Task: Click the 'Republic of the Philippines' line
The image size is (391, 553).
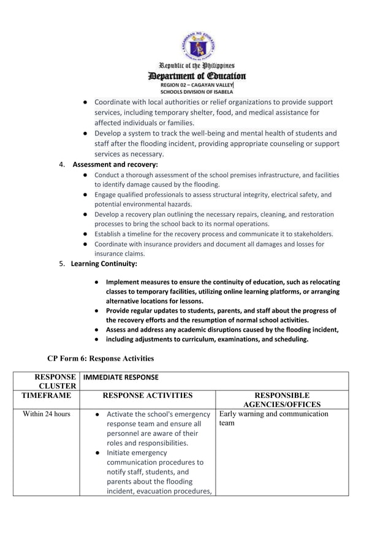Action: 197,66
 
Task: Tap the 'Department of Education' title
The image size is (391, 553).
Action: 197,76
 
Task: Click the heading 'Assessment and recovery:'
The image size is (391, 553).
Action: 115,164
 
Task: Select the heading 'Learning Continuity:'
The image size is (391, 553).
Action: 104,264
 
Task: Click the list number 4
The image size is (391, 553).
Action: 62,164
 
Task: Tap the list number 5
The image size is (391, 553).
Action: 61,264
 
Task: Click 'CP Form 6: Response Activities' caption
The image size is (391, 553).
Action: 101,358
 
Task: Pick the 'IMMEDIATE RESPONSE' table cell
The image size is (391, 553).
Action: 121,377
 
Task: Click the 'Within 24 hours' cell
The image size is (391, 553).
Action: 47,414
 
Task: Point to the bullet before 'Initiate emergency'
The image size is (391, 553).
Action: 99,453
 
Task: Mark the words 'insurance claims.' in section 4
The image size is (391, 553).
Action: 120,254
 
